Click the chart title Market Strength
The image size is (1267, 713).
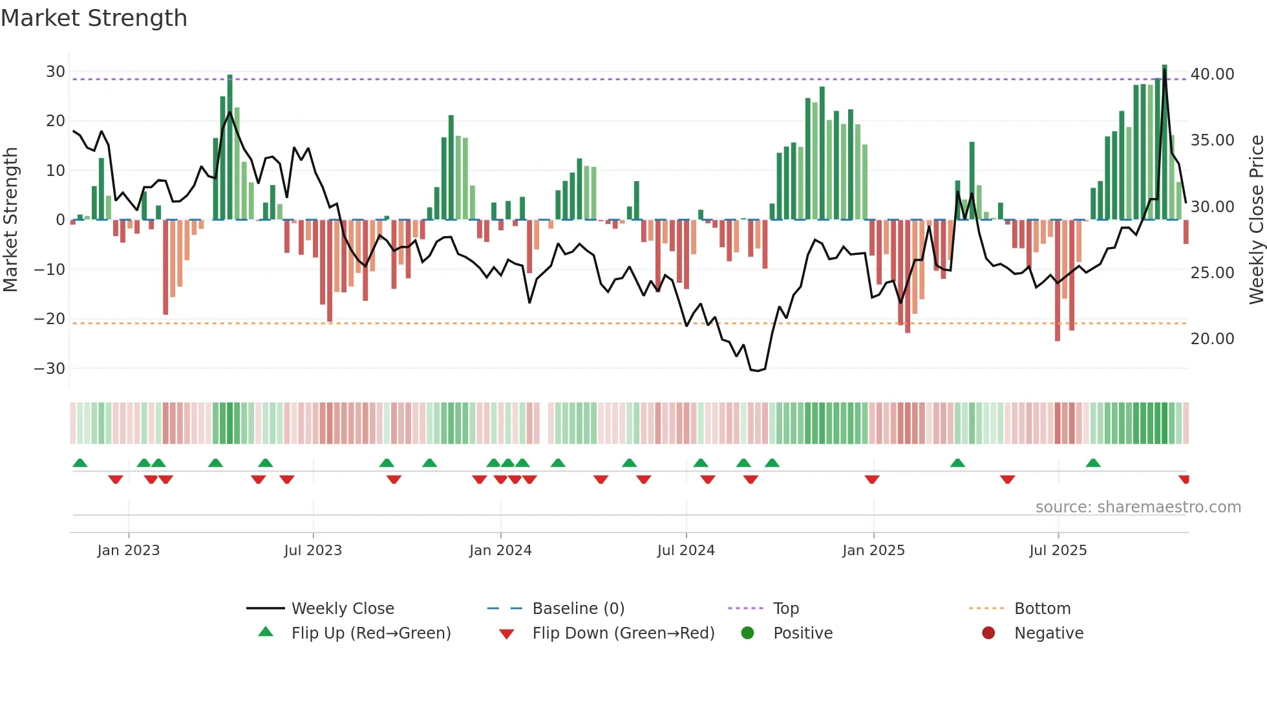pos(94,17)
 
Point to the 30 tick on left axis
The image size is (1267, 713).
pos(56,72)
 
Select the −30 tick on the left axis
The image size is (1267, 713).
pos(50,369)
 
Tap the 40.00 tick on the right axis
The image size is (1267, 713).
pos(1212,74)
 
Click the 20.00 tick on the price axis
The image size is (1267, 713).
pos(1212,339)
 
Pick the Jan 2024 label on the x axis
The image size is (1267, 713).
pos(500,551)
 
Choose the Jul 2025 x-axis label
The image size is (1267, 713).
pos(1058,551)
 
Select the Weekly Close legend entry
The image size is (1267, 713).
pos(343,609)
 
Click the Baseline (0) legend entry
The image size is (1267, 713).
pos(578,609)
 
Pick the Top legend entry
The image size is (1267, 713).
pos(786,609)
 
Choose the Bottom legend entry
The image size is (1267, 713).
pos(1042,609)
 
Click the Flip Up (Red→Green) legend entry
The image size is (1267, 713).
pos(370,633)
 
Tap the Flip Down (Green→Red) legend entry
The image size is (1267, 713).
pos(623,633)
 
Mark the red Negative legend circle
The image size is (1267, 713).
pos(988,633)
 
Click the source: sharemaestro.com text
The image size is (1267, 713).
pos(1138,507)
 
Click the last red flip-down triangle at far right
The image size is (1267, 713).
pos(1184,479)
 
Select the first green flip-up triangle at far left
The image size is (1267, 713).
pos(80,463)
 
